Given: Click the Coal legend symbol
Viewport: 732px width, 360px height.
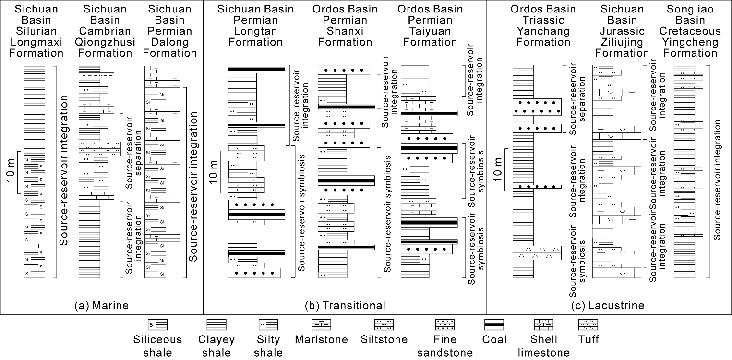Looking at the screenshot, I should (x=494, y=325).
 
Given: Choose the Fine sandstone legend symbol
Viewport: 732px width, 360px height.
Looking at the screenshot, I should (x=445, y=325).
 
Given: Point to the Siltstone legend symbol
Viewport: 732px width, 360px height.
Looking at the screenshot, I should (x=384, y=325).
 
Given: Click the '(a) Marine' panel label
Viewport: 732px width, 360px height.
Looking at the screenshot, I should (x=102, y=305).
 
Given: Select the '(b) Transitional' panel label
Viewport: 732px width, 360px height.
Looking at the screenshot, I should (x=345, y=305).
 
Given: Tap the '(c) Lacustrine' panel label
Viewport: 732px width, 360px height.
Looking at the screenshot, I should (x=609, y=305).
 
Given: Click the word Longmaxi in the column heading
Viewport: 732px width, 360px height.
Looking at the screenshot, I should (x=36, y=42).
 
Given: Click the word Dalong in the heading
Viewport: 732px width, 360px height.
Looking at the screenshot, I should (x=170, y=42).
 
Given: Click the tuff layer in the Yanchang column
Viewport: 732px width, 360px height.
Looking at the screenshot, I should (x=537, y=252).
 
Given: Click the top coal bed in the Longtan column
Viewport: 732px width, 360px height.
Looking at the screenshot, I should (x=256, y=69).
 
